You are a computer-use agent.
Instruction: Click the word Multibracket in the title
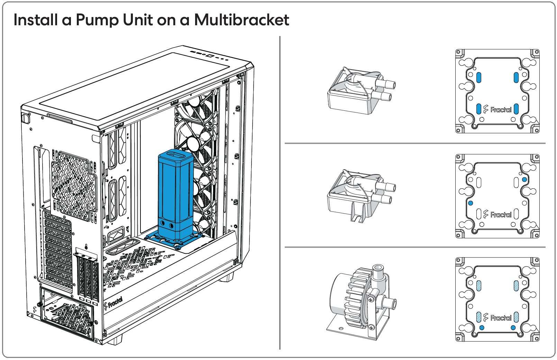coord(241,20)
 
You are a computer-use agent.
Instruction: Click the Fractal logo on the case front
coord(113,303)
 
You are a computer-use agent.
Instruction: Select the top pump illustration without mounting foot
coord(361,91)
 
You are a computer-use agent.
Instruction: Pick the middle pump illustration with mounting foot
coord(361,196)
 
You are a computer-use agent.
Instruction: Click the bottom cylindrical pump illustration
coord(361,302)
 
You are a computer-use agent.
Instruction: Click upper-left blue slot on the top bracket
coord(479,78)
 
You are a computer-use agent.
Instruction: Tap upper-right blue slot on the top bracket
coord(516,78)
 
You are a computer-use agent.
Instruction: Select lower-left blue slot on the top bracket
coord(479,109)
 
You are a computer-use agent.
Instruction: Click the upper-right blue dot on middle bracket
coord(524,179)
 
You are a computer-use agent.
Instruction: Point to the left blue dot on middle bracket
coord(470,203)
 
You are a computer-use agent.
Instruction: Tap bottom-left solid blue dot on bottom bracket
coord(482,328)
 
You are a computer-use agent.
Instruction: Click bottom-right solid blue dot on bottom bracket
coord(513,328)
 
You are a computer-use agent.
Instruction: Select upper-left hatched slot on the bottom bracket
coord(479,286)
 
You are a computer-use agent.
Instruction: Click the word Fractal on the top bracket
coord(501,110)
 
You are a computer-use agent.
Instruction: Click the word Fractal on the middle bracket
coord(501,215)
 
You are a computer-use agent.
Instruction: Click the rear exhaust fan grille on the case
coord(74,186)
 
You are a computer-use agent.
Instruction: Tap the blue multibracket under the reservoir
coord(174,240)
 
